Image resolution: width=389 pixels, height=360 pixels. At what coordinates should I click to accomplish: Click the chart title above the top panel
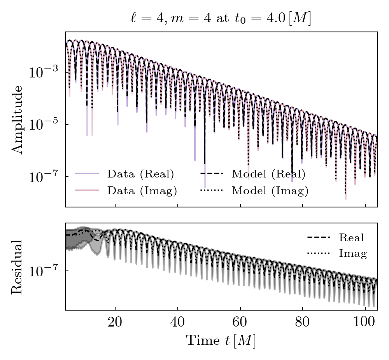221,18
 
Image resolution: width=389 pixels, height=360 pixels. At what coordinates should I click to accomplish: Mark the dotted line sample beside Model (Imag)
212,191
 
